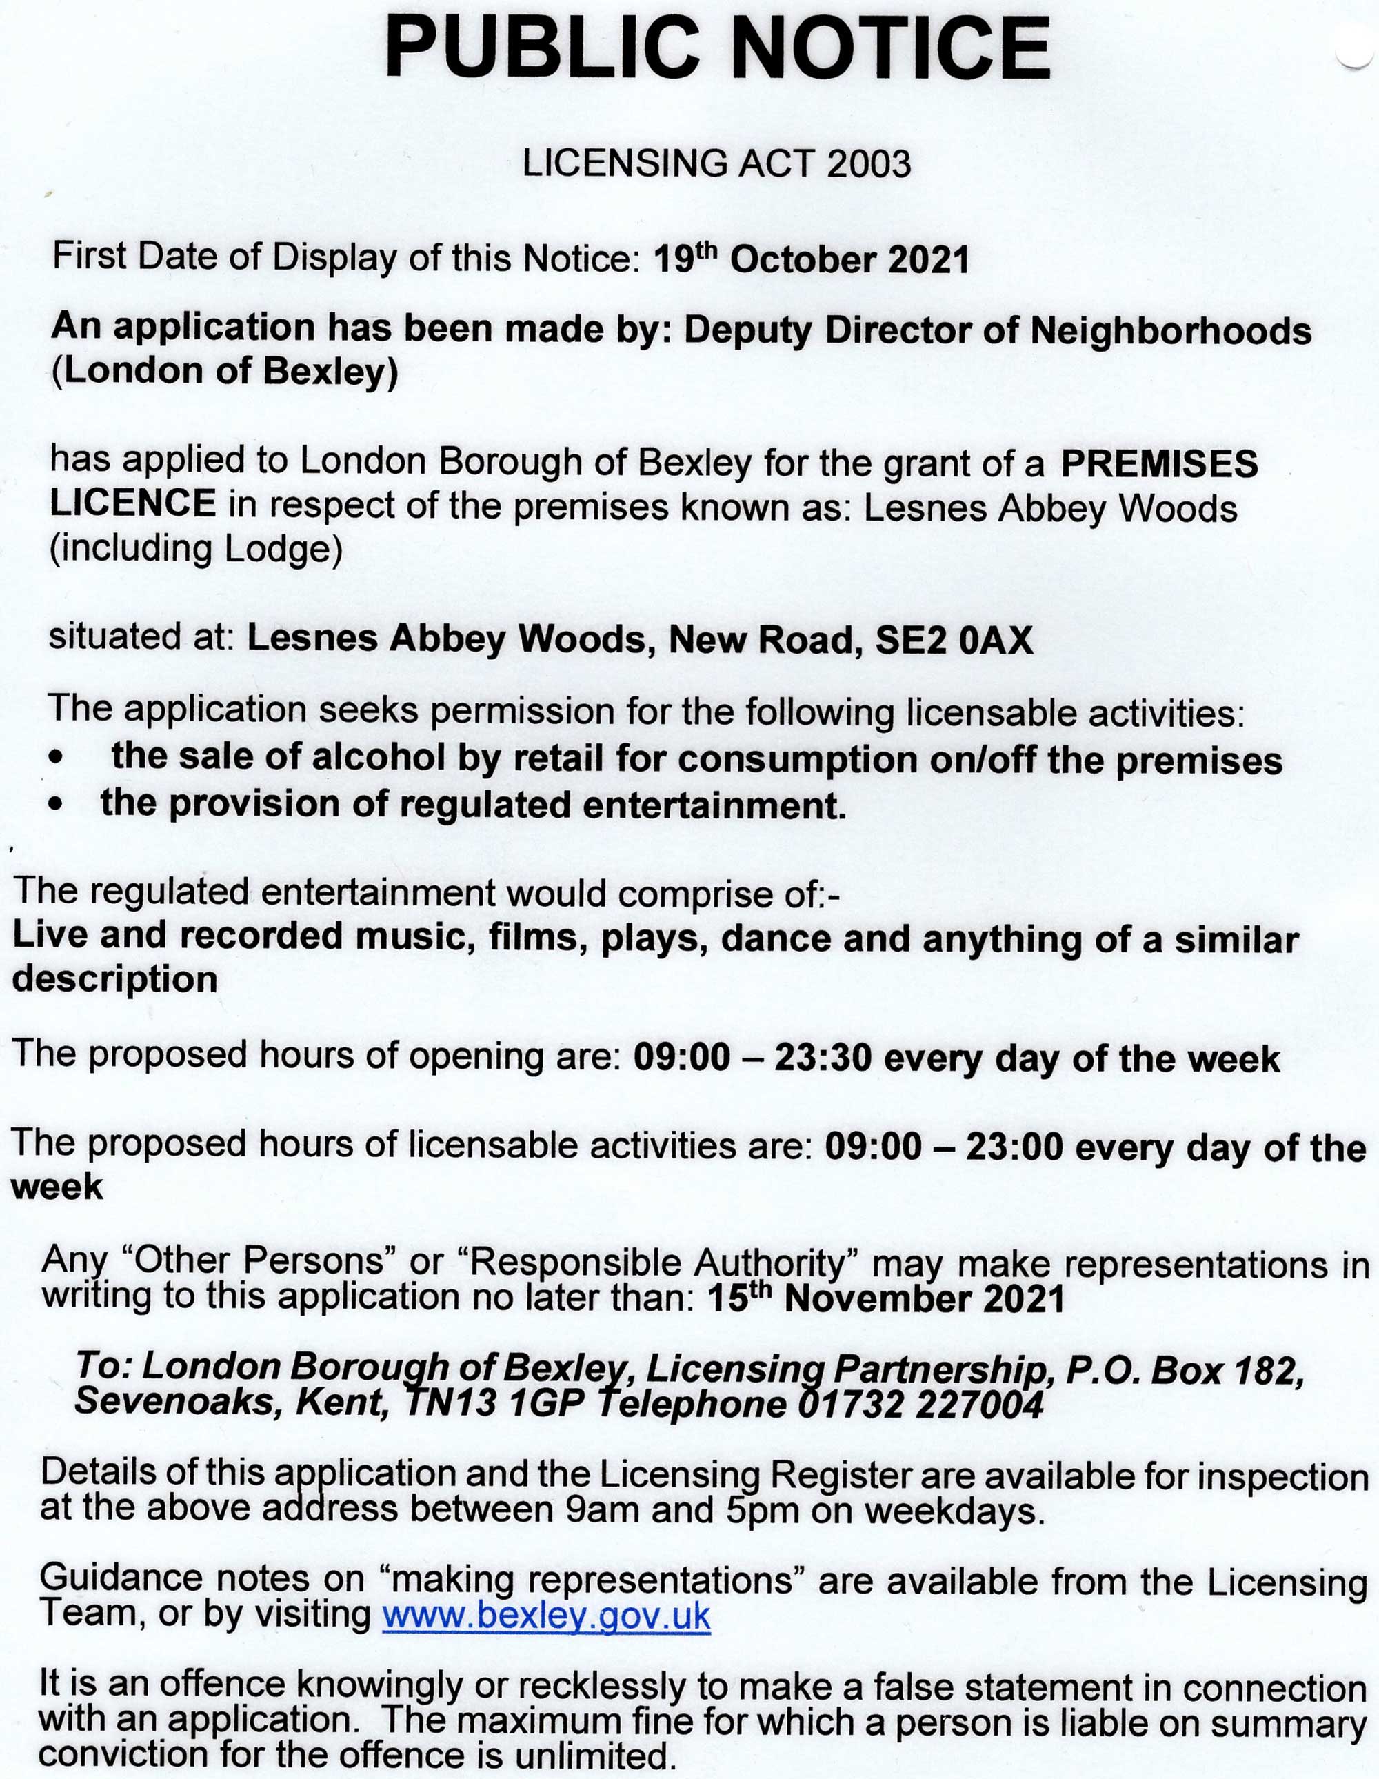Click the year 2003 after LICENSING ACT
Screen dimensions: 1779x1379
pyautogui.click(x=868, y=163)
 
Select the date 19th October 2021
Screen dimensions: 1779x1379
pyautogui.click(x=812, y=260)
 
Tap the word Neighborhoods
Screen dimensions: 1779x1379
pyautogui.click(x=1171, y=331)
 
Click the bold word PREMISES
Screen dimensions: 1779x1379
pyautogui.click(x=1159, y=463)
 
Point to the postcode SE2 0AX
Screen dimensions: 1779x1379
pyautogui.click(x=954, y=641)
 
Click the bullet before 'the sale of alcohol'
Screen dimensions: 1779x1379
pyautogui.click(x=54, y=758)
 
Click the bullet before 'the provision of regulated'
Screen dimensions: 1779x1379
pyautogui.click(x=54, y=805)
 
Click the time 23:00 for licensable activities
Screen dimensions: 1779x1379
pyautogui.click(x=1014, y=1147)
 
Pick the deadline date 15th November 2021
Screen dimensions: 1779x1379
pyautogui.click(x=885, y=1298)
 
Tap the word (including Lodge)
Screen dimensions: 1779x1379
pyautogui.click(x=197, y=549)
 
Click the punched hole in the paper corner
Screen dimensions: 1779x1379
pyautogui.click(x=1356, y=49)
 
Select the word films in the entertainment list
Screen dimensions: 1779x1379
pyautogui.click(x=538, y=937)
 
